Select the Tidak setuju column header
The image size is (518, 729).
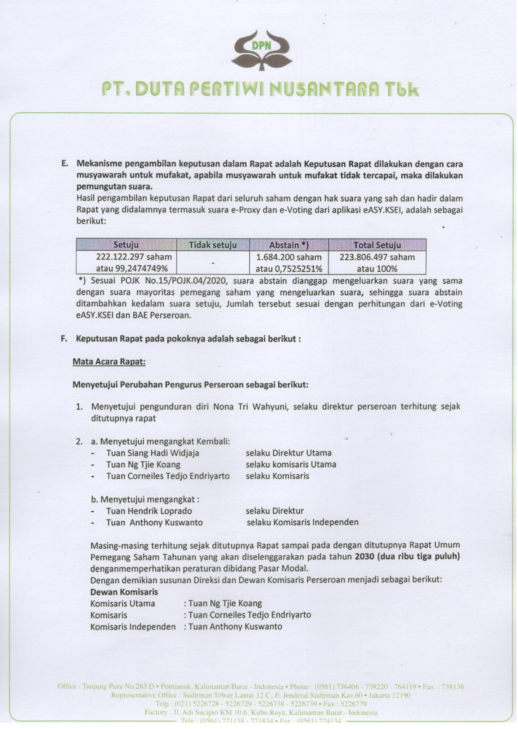tap(213, 245)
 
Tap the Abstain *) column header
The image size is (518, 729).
tap(289, 245)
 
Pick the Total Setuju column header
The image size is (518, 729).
tap(377, 245)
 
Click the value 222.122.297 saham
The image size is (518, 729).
tap(134, 257)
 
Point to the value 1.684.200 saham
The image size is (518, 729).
tap(289, 257)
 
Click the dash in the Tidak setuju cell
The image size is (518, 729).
tap(213, 263)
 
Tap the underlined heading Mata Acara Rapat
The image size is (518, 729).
tap(109, 362)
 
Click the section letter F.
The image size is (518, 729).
tap(64, 338)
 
